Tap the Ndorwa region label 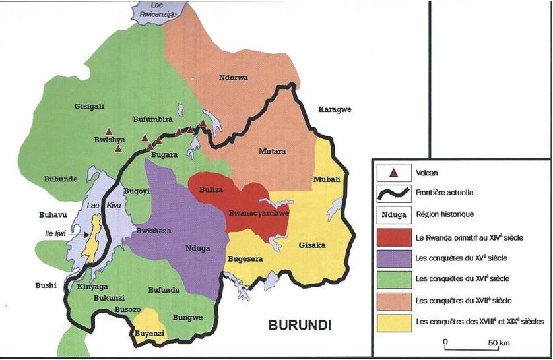click(233, 78)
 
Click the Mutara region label click(272, 152)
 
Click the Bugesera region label click(245, 259)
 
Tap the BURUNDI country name click(298, 325)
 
